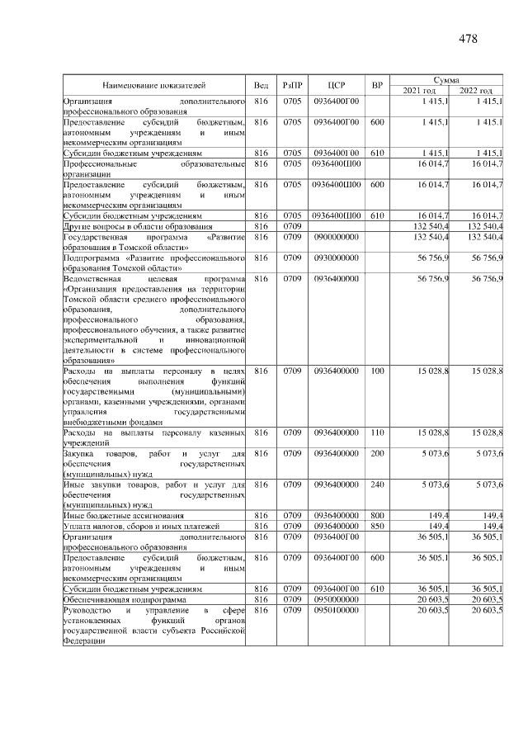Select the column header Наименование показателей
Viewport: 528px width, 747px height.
(x=154, y=85)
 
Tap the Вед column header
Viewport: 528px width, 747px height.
(x=261, y=85)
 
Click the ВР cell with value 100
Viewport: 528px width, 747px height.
(x=377, y=372)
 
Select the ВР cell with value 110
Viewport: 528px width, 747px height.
(x=377, y=432)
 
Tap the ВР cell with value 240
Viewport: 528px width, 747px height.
(x=377, y=484)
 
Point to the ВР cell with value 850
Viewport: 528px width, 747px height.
(x=377, y=526)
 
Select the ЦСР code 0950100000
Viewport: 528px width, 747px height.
(x=336, y=610)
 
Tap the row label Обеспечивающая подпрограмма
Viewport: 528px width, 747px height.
(x=120, y=599)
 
